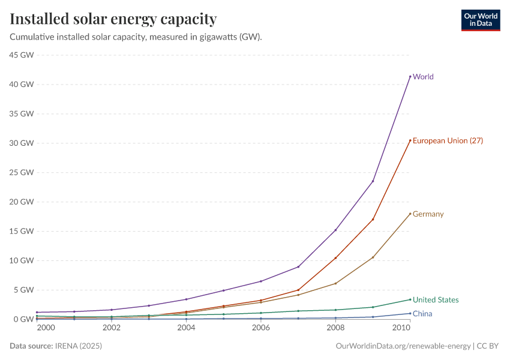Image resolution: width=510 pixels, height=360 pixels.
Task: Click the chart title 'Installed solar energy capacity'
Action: coord(113,19)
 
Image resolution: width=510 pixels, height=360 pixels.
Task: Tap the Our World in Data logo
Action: coord(480,20)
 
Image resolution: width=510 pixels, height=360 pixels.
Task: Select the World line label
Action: coord(423,77)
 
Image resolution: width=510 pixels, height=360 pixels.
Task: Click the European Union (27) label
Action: coord(448,141)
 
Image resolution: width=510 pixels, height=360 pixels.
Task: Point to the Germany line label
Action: coord(428,214)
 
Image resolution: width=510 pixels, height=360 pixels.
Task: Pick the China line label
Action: coord(422,314)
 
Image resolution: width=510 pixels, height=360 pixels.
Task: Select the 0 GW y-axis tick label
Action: coord(25,319)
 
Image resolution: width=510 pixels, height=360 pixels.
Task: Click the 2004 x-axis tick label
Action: coord(186,329)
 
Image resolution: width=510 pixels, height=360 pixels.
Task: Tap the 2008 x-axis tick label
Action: coord(335,329)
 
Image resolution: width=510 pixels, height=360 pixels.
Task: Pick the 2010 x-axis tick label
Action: coord(401,329)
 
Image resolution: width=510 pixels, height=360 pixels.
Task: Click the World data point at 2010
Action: coord(410,76)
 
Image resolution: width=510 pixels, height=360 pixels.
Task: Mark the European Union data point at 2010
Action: coord(410,140)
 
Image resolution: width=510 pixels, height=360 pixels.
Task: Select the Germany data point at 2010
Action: coord(410,214)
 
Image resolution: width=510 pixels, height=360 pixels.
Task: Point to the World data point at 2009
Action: coord(373,181)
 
